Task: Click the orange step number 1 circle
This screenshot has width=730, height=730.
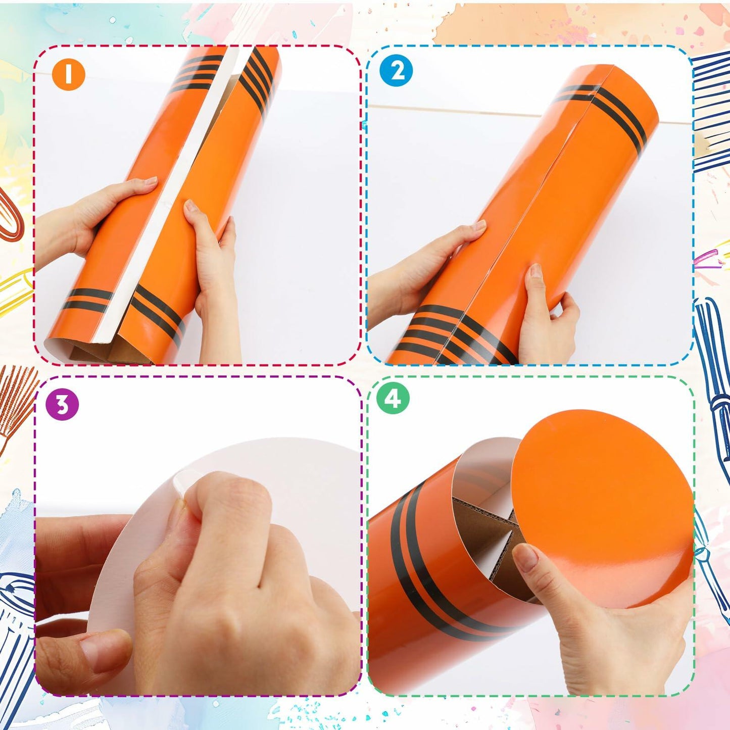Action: coord(68,74)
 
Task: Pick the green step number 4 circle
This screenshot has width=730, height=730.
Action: coord(393,399)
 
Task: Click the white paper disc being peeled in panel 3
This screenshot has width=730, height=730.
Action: coord(283,465)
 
